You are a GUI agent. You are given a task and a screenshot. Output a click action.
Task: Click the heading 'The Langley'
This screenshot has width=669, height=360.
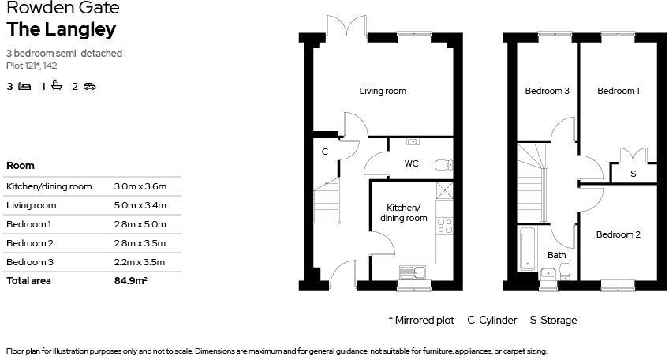click(62, 30)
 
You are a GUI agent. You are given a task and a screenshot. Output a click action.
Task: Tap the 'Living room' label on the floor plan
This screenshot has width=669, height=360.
click(383, 91)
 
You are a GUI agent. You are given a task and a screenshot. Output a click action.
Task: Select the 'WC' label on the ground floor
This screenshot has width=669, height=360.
click(411, 164)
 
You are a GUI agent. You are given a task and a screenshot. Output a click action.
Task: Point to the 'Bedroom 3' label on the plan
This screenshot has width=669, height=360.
click(547, 91)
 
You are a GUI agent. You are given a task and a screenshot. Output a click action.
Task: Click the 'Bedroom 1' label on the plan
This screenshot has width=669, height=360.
click(618, 91)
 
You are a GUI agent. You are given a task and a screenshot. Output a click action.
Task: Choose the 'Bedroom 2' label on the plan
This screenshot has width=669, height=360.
click(618, 234)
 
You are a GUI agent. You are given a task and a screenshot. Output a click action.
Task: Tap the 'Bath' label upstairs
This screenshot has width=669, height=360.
click(557, 255)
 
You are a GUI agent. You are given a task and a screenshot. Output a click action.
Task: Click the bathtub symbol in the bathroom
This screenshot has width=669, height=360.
click(526, 248)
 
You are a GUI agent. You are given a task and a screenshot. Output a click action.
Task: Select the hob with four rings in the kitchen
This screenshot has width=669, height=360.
click(444, 226)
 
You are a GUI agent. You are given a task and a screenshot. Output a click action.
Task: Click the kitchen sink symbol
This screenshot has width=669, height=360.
click(412, 272)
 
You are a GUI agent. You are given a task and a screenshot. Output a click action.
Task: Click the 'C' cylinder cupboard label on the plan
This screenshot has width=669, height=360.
click(324, 152)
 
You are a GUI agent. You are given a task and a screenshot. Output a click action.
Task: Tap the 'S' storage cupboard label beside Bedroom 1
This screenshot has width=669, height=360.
click(633, 174)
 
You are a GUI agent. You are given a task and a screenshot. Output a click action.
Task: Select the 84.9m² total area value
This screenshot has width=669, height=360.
click(131, 280)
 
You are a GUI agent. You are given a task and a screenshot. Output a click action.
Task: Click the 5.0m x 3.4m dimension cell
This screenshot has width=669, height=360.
click(140, 205)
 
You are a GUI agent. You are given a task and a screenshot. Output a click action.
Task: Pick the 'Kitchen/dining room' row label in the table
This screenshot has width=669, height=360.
click(49, 186)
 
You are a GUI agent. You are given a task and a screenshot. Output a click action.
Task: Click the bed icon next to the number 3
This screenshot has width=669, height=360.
click(24, 87)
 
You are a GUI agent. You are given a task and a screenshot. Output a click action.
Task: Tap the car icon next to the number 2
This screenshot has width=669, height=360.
click(89, 87)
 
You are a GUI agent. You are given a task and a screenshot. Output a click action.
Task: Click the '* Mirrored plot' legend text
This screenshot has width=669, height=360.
click(421, 320)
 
